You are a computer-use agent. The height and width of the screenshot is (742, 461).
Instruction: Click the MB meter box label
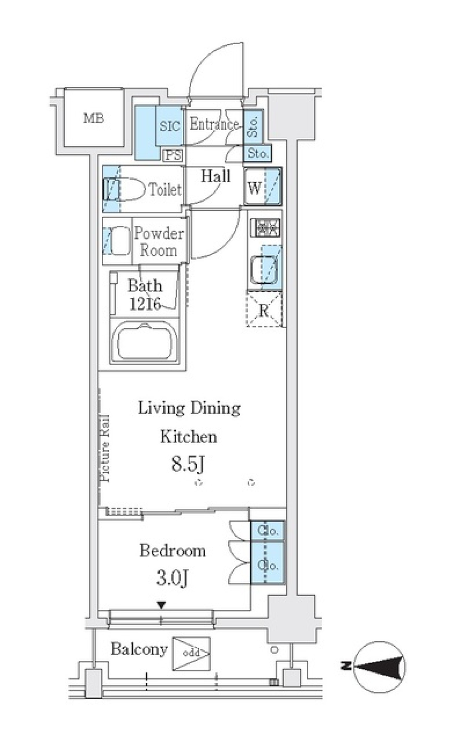94,118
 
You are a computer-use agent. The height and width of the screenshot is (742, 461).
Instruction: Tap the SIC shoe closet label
170,126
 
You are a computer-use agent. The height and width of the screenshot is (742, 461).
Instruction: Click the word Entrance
214,124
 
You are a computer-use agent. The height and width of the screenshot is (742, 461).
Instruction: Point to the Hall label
216,176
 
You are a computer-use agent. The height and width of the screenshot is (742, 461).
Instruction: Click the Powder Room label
158,242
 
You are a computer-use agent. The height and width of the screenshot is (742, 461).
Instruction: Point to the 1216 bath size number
145,304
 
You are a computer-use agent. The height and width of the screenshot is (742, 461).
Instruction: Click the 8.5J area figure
188,465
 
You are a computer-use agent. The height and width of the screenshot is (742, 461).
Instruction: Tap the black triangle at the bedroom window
162,605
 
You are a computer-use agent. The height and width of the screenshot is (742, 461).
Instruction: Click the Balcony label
139,649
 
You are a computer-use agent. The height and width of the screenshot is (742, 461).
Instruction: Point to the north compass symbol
379,667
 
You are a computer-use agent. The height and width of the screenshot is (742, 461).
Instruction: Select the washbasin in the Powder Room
118,241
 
